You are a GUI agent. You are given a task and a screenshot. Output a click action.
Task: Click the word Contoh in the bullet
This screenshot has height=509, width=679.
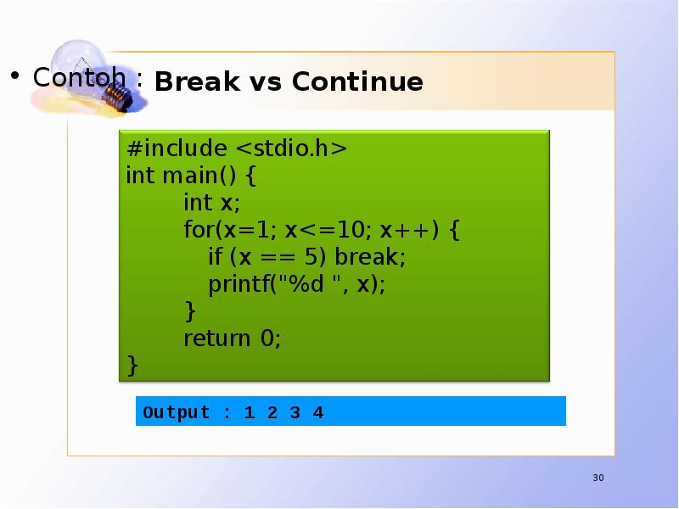coord(80,77)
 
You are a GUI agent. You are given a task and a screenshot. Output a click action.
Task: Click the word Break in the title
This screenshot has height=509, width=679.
coord(188,82)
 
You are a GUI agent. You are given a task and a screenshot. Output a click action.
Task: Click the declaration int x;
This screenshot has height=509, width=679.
coord(212,203)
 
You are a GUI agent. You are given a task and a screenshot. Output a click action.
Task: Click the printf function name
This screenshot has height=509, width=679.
coord(238,284)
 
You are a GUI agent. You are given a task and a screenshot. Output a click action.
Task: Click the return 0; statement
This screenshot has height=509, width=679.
coord(232,338)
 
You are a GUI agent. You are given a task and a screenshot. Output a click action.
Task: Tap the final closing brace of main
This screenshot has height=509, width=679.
coord(132,365)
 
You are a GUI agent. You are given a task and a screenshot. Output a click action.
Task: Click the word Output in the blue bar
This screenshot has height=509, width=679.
coord(177,413)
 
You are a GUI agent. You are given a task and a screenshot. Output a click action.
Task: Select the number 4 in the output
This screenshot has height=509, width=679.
coord(317,413)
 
